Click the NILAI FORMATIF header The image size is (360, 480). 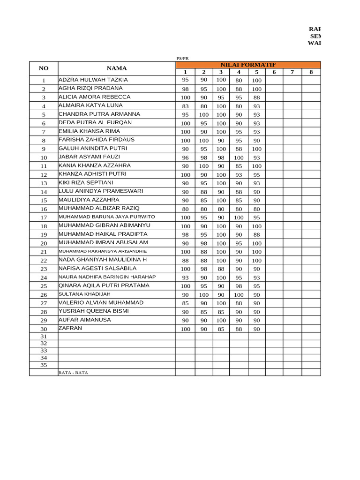pyautogui.click(x=248, y=65)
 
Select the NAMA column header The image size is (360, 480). pyautogui.click(x=117, y=68)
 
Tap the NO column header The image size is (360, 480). pyautogui.click(x=43, y=68)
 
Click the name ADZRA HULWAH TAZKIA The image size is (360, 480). pyautogui.click(x=93, y=80)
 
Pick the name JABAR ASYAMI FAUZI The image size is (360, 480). pyautogui.click(x=89, y=157)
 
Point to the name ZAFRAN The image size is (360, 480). pyautogui.click(x=70, y=328)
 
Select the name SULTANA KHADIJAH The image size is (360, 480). pyautogui.click(x=84, y=294)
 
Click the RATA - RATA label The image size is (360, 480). pyautogui.click(x=73, y=373)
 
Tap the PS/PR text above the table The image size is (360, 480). pyautogui.click(x=182, y=58)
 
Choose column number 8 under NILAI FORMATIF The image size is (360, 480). pyautogui.click(x=311, y=72)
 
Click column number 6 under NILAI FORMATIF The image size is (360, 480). pyautogui.click(x=274, y=72)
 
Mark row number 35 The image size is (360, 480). pyautogui.click(x=44, y=365)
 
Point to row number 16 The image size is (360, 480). pyautogui.click(x=44, y=209)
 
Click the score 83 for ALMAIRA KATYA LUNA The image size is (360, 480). pyautogui.click(x=185, y=106)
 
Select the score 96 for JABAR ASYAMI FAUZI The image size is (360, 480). pyautogui.click(x=185, y=158)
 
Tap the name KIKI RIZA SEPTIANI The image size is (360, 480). pyautogui.click(x=86, y=182)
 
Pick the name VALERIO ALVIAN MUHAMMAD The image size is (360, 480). pyautogui.click(x=101, y=303)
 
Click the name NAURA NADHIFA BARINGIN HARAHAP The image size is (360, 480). pyautogui.click(x=107, y=277)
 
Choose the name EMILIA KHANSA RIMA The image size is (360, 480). pyautogui.click(x=89, y=131)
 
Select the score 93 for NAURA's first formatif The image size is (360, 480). pyautogui.click(x=185, y=278)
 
